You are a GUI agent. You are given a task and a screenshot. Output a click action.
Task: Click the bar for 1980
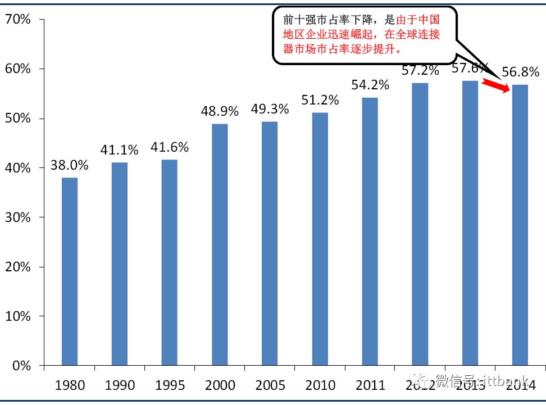[70, 271]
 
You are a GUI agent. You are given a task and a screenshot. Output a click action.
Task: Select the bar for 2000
[220, 244]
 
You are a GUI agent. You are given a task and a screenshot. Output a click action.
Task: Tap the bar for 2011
[370, 231]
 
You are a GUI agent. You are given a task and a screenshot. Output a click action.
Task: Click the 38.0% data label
[70, 166]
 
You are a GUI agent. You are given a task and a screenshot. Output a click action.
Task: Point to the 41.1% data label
[120, 150]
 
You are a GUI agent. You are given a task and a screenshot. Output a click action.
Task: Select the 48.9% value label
[220, 111]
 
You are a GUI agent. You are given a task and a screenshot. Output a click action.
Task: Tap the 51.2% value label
[320, 100]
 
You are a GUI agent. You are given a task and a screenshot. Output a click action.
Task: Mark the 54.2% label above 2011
[370, 85]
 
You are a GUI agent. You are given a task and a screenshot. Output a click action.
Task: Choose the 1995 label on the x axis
[170, 385]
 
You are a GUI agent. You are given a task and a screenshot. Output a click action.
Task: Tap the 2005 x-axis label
[270, 385]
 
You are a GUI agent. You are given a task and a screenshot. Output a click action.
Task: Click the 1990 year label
[120, 385]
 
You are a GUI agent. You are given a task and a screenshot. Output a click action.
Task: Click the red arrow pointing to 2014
[496, 85]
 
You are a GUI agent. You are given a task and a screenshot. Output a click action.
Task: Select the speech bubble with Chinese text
[364, 35]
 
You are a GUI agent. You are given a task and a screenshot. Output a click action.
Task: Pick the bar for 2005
[270, 243]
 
